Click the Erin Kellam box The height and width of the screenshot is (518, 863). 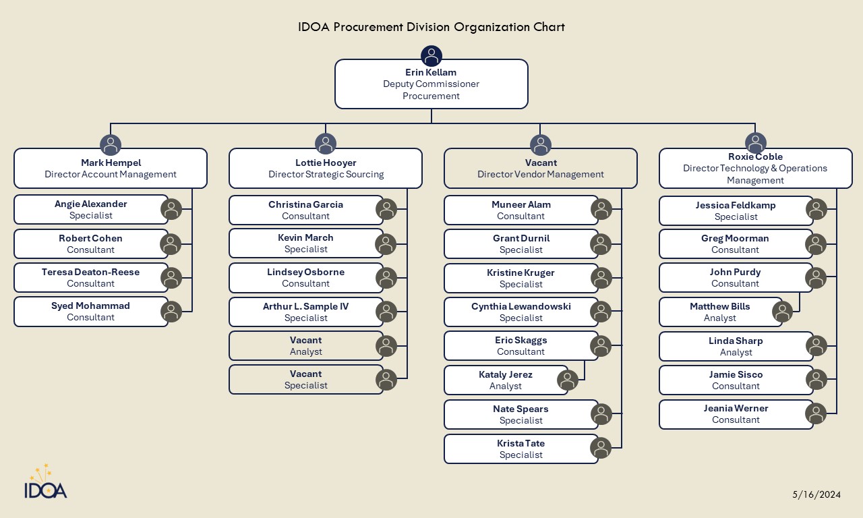431,84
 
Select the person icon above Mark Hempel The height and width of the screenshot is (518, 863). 111,144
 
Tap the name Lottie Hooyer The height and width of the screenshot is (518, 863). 326,163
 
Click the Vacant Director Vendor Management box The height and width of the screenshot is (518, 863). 540,169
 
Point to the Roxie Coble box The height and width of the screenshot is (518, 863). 755,169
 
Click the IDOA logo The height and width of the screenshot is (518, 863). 46,483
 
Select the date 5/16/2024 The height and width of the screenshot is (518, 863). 816,494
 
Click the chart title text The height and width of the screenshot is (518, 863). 431,28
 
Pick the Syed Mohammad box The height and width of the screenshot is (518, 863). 90,312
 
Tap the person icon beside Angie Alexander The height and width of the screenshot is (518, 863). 171,209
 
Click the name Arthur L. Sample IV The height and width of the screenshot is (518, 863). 305,306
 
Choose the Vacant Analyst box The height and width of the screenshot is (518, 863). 305,345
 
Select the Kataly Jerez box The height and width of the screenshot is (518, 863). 505,380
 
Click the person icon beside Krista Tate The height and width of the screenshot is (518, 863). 601,448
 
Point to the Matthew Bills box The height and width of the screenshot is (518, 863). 719,312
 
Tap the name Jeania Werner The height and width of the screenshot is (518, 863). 736,408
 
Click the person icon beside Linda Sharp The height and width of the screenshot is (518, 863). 816,346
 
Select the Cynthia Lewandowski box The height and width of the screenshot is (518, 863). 520,312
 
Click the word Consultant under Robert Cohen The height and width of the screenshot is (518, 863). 90,250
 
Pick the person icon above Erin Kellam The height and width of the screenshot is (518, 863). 431,56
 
